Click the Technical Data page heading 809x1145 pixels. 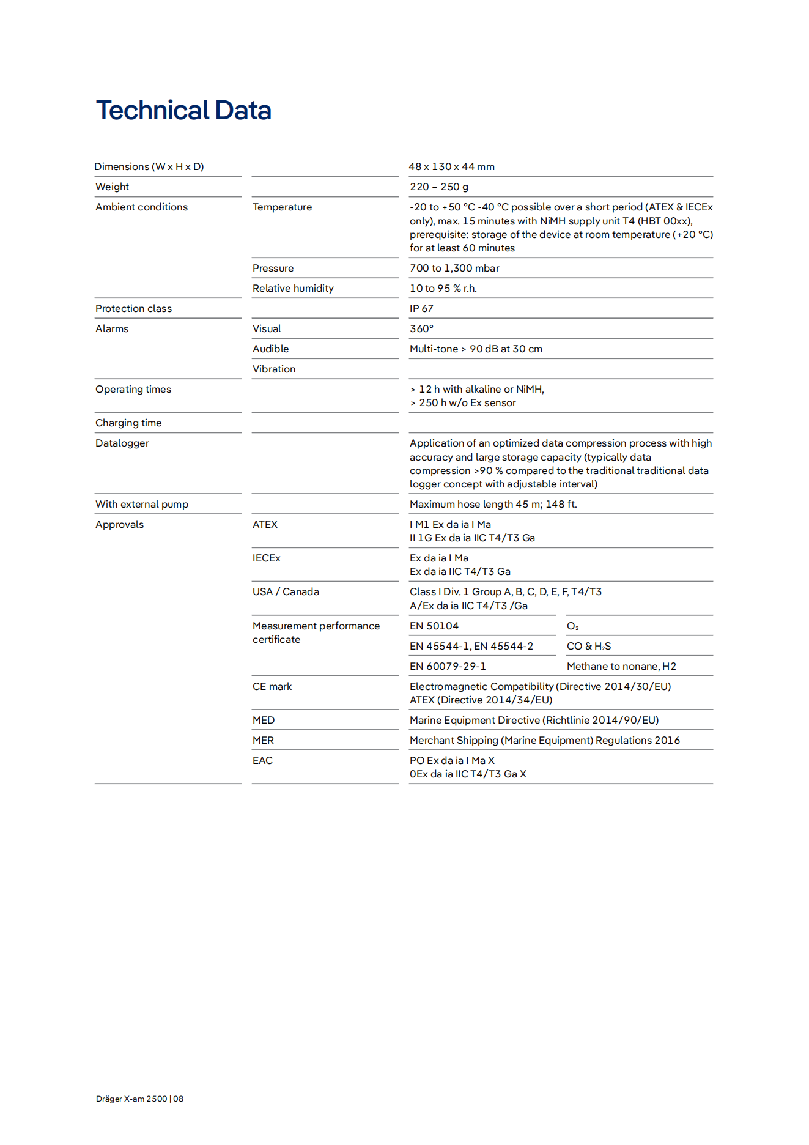click(183, 111)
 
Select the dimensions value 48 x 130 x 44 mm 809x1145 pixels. click(451, 166)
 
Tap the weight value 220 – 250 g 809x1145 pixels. click(438, 187)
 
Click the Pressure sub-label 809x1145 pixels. click(273, 268)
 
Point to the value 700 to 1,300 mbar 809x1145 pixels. click(454, 268)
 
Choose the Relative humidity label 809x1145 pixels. click(293, 288)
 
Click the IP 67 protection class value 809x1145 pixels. click(421, 308)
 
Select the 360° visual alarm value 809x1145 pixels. click(421, 328)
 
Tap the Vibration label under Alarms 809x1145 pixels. click(274, 369)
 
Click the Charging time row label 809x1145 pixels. click(128, 423)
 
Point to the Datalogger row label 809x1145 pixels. click(122, 443)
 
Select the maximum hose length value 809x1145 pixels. click(493, 504)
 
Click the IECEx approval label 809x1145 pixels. click(267, 558)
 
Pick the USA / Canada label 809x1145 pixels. click(286, 591)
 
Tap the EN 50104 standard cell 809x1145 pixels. click(434, 626)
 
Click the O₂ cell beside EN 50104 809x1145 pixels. click(573, 626)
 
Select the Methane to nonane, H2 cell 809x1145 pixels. click(621, 666)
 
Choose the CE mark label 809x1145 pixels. click(272, 686)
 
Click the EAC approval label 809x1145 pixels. click(262, 760)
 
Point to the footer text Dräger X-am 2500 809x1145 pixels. click(131, 1099)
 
